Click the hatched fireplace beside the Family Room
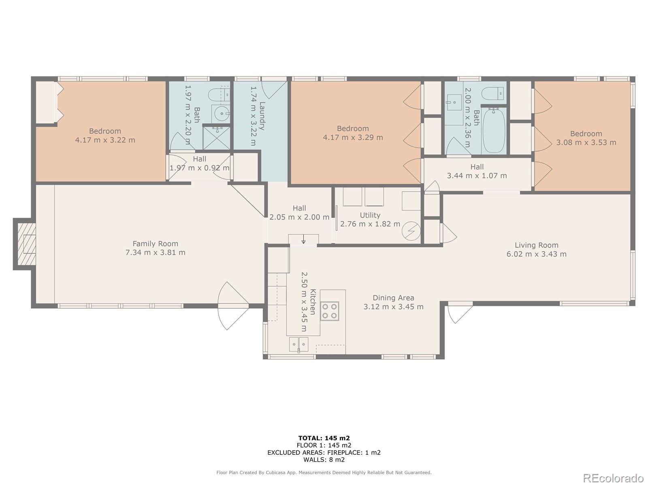click(27, 244)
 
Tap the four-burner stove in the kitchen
click(329, 311)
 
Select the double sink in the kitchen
click(298, 344)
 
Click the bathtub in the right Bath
click(493, 131)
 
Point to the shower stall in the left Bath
click(216, 138)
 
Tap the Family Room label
click(155, 244)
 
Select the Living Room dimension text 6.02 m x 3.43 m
click(536, 254)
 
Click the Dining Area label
click(393, 298)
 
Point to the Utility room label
click(370, 215)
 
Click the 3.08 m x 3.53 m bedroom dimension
click(586, 143)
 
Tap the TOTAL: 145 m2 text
click(324, 438)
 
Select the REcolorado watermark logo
click(614, 478)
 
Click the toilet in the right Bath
click(494, 94)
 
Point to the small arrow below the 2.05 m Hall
click(303, 239)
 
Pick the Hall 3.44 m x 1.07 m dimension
click(477, 176)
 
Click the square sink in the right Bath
click(454, 102)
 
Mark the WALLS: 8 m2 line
click(324, 459)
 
